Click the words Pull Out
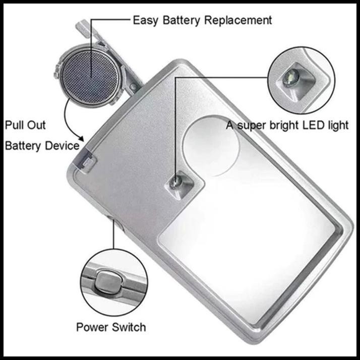[x=25, y=125]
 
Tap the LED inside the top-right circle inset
[x=290, y=78]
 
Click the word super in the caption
[x=253, y=125]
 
